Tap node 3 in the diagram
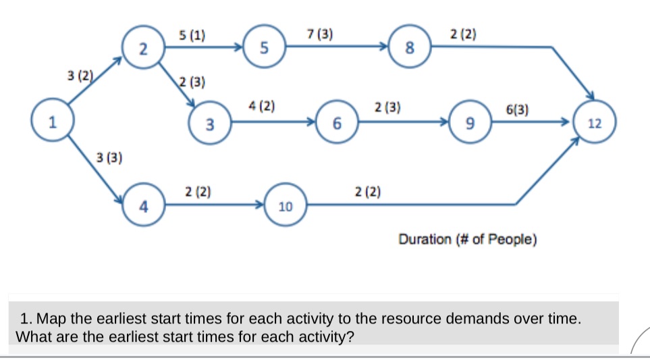pos(210,124)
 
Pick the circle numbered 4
pos(142,206)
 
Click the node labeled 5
pos(264,48)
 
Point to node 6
pos(337,123)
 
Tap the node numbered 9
pos(470,123)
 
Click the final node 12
pos(594,123)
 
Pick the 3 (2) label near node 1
pos(81,74)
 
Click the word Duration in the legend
pos(427,239)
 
